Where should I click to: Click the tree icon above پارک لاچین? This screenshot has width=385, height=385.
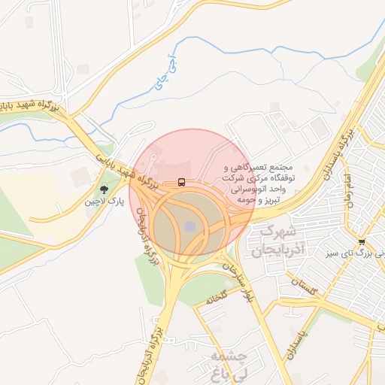[x=103, y=189]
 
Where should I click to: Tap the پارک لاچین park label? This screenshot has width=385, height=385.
[x=103, y=202]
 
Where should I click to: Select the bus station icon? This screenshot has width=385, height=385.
[x=181, y=182]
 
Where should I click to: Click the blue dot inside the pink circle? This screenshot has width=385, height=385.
[x=189, y=226]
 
